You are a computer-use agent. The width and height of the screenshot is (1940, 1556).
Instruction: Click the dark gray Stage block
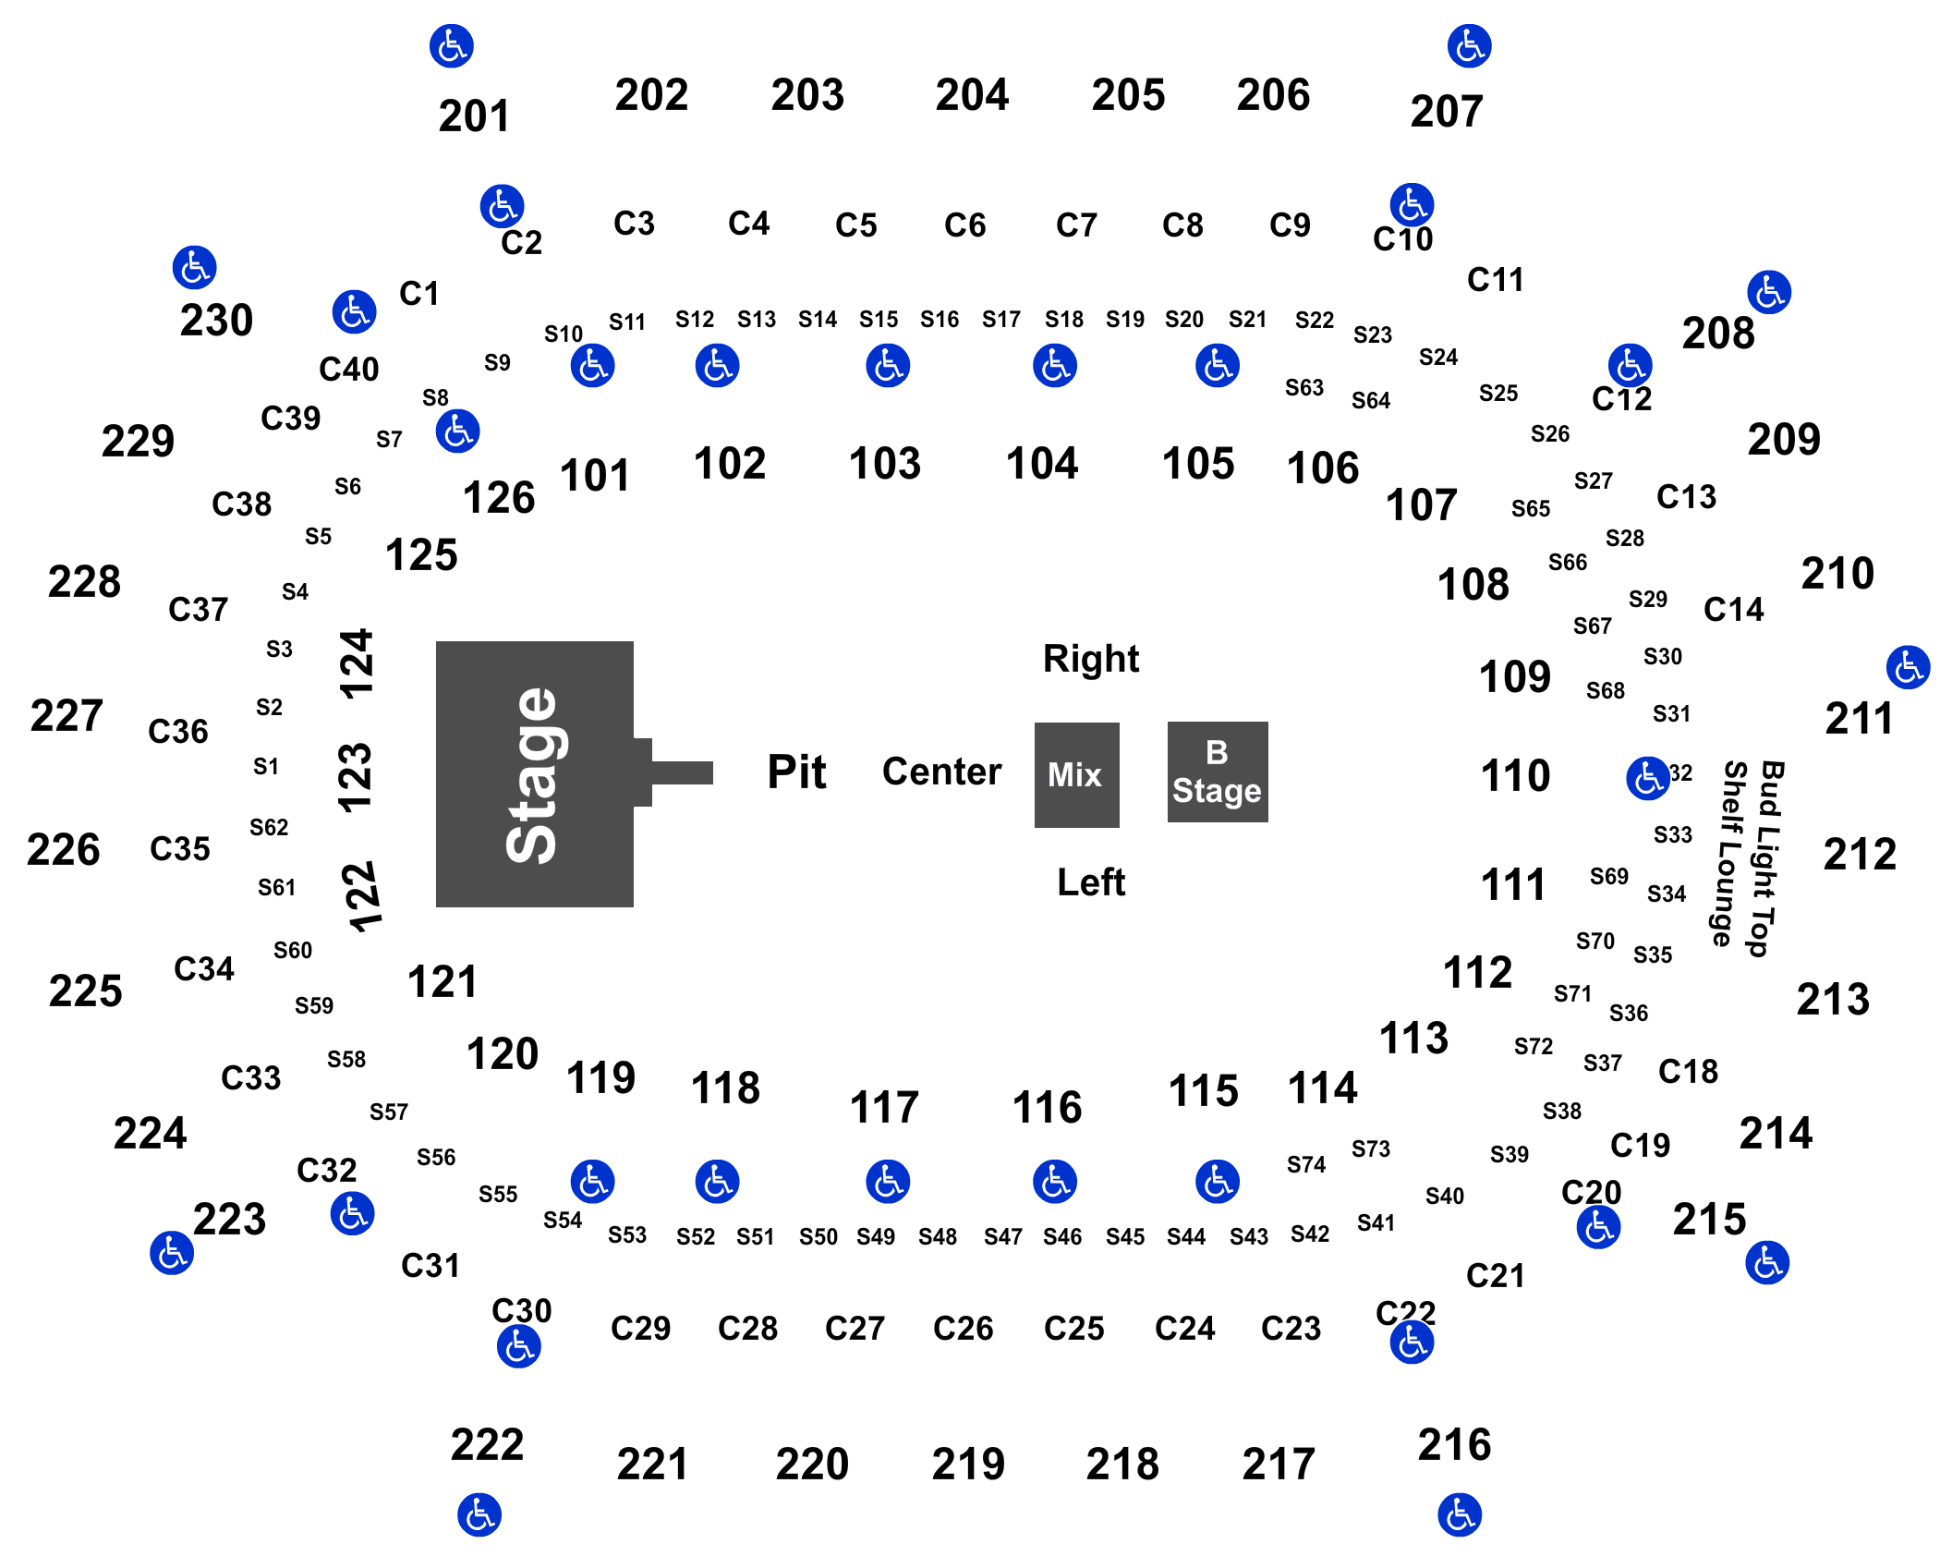point(534,774)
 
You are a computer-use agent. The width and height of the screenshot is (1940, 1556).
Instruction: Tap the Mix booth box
point(1076,774)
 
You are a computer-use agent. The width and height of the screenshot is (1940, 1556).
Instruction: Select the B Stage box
point(1218,772)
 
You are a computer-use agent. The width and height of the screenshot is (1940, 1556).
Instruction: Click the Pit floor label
point(796,772)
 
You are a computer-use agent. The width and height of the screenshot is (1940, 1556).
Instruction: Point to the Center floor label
point(941,772)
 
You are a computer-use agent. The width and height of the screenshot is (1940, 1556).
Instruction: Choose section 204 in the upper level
point(972,95)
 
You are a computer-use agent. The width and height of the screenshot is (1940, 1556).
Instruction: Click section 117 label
point(884,1107)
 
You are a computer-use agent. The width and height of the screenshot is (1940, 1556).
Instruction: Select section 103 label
point(885,463)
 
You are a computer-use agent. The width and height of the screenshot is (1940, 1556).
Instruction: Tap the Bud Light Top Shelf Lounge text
point(1753,857)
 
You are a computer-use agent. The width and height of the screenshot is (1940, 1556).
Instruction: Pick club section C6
point(964,225)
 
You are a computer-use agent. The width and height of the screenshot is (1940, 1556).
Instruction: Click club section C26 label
point(963,1329)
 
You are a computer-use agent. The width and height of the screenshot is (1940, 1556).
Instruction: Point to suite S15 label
point(878,320)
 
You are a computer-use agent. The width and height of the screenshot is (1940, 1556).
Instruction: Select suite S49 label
point(875,1236)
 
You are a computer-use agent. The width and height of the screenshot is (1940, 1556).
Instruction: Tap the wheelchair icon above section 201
point(452,46)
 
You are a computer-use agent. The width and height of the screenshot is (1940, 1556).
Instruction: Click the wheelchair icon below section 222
point(479,1515)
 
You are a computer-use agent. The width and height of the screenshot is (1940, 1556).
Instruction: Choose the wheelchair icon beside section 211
point(1908,668)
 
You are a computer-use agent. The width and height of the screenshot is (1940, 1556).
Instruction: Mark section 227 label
point(67,716)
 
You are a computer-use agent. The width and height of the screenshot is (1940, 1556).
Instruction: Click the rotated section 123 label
point(356,777)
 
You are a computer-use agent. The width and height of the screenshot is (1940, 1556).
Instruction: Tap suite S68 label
point(1605,691)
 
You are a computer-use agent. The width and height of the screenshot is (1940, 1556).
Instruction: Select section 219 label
point(968,1464)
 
